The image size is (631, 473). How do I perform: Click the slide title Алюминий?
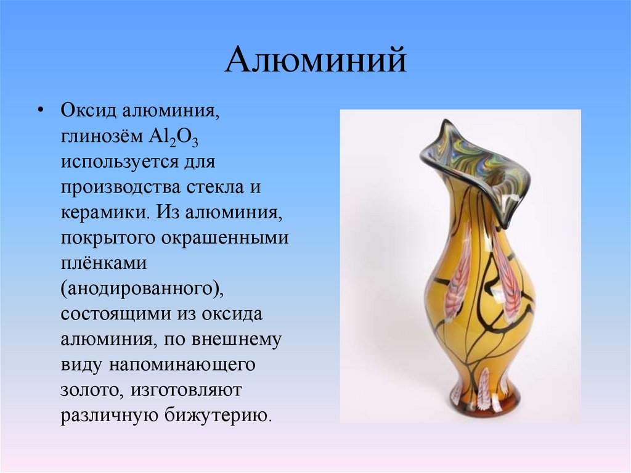pos(315,62)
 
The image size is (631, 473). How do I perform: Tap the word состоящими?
pos(114,313)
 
